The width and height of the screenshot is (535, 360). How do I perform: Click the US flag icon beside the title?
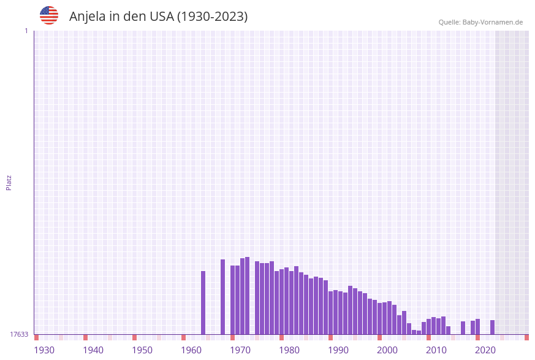pyautogui.click(x=49, y=15)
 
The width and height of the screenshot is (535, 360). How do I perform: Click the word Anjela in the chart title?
pyautogui.click(x=88, y=17)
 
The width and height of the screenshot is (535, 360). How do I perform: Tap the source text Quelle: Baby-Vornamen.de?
pyautogui.click(x=480, y=22)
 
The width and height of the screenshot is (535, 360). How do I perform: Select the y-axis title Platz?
pyautogui.click(x=9, y=182)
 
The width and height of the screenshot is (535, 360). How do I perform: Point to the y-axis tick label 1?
pyautogui.click(x=26, y=31)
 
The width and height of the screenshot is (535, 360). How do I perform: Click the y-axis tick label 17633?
pyautogui.click(x=18, y=334)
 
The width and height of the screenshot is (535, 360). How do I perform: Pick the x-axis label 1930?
pyautogui.click(x=44, y=350)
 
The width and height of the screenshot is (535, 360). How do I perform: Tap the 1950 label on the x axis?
pyautogui.click(x=142, y=350)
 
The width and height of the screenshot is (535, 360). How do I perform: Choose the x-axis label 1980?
pyautogui.click(x=289, y=350)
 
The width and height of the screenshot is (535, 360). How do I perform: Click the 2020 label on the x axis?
pyautogui.click(x=485, y=350)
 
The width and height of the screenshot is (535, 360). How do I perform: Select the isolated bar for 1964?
pyautogui.click(x=203, y=302)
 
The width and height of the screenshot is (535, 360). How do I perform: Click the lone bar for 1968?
pyautogui.click(x=223, y=297)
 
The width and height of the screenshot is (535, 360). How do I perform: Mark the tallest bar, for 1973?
pyautogui.click(x=248, y=296)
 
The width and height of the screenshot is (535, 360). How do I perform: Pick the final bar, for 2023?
pyautogui.click(x=492, y=327)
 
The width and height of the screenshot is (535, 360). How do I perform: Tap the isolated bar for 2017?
pyautogui.click(x=463, y=327)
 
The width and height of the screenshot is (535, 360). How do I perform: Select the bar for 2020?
pyautogui.click(x=478, y=326)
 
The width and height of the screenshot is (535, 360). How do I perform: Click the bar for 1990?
pyautogui.click(x=331, y=313)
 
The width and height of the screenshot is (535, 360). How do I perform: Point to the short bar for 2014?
pyautogui.click(x=449, y=330)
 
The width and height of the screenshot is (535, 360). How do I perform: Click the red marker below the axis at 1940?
pyautogui.click(x=86, y=337)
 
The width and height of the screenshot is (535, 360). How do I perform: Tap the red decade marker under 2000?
pyautogui.click(x=380, y=337)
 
